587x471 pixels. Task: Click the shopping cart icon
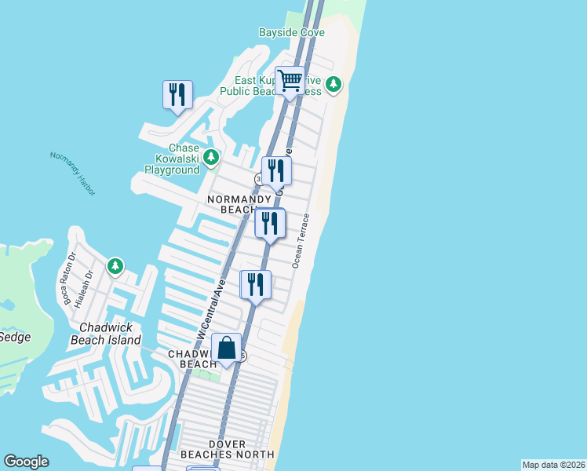[x=290, y=81]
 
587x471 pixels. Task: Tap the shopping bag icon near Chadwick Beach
[x=226, y=348]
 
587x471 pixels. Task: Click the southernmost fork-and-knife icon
[x=256, y=285]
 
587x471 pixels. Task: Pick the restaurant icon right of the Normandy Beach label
[x=269, y=224]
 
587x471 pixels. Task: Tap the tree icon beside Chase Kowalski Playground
[x=210, y=157]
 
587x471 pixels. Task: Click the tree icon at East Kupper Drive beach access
[x=334, y=83]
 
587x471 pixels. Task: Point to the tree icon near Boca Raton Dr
[x=115, y=266]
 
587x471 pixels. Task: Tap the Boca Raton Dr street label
[x=67, y=278]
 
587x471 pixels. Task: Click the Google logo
[x=26, y=462]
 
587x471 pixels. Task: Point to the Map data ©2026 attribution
[x=553, y=465]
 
